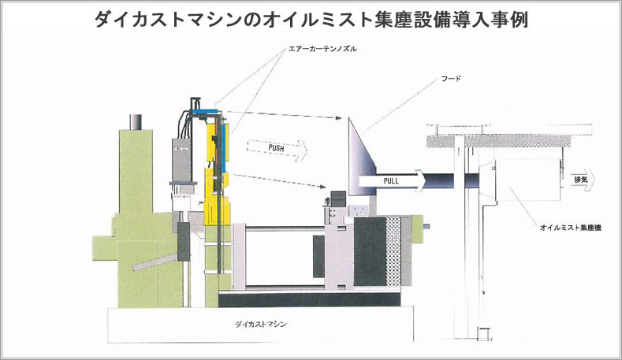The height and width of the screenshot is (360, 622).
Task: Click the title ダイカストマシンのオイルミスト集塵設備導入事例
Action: pyautogui.click(x=312, y=19)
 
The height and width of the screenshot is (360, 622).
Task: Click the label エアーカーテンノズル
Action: pyautogui.click(x=323, y=49)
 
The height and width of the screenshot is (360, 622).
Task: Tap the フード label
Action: pyautogui.click(x=451, y=79)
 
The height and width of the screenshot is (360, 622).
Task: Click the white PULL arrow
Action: pyautogui.click(x=392, y=181)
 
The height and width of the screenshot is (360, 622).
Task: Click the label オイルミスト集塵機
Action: pyautogui.click(x=571, y=228)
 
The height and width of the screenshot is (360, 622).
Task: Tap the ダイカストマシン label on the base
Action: pyautogui.click(x=261, y=324)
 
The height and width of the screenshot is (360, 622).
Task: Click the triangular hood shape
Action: pyautogui.click(x=360, y=158)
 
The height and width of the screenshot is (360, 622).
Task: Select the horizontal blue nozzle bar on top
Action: pyautogui.click(x=204, y=110)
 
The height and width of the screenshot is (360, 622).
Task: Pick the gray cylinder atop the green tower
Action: pyautogui.click(x=136, y=122)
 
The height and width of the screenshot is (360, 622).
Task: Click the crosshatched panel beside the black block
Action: pyautogui.click(x=393, y=251)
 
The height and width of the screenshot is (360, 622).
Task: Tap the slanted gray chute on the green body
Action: pyautogui.click(x=155, y=262)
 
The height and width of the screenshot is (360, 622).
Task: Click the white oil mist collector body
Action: pyautogui.click(x=527, y=180)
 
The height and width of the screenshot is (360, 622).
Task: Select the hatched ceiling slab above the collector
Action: pyautogui.click(x=499, y=141)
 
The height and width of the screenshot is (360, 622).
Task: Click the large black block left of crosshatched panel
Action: pyautogui.click(x=370, y=251)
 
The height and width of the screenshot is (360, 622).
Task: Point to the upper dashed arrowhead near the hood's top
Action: pyautogui.click(x=338, y=117)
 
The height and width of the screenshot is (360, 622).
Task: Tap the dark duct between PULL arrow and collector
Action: pyautogui.click(x=441, y=182)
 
